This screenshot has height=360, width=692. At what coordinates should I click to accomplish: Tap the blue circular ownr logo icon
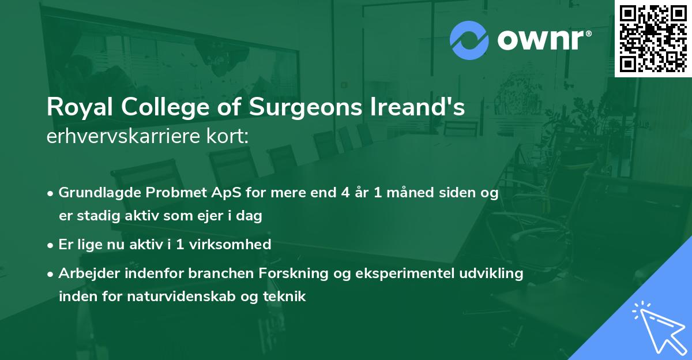click(x=469, y=40)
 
